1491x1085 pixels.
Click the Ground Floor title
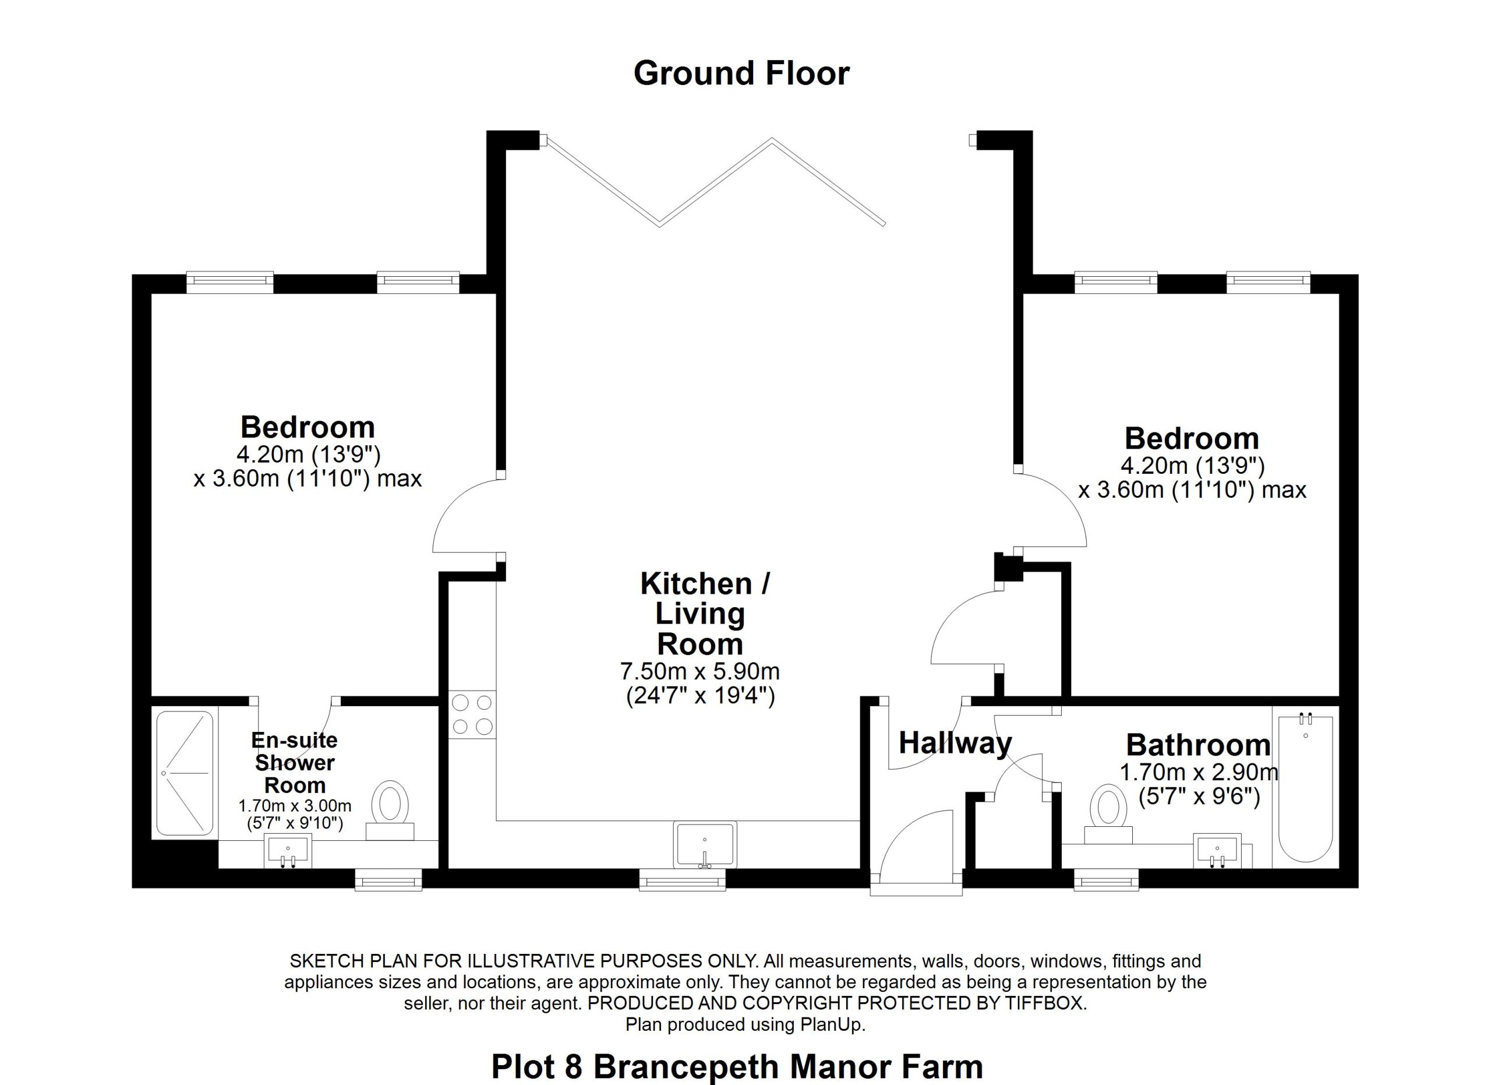(741, 73)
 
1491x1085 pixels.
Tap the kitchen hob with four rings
(472, 715)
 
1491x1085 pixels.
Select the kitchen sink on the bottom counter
(705, 844)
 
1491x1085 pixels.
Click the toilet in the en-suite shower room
(390, 810)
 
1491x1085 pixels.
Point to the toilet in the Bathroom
(1108, 816)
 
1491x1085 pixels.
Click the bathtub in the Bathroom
(1305, 787)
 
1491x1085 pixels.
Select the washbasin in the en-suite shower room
(287, 851)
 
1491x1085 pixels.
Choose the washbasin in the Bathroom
(1217, 851)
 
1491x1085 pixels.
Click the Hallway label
(955, 743)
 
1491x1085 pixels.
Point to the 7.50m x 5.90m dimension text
(700, 671)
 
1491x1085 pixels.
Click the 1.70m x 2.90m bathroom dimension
(1199, 772)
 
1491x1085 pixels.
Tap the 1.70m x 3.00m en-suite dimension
(295, 805)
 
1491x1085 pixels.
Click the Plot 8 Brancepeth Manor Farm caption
(737, 1066)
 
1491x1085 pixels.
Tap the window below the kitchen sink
(683, 879)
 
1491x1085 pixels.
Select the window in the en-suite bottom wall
(388, 879)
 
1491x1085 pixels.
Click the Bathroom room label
(1199, 745)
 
